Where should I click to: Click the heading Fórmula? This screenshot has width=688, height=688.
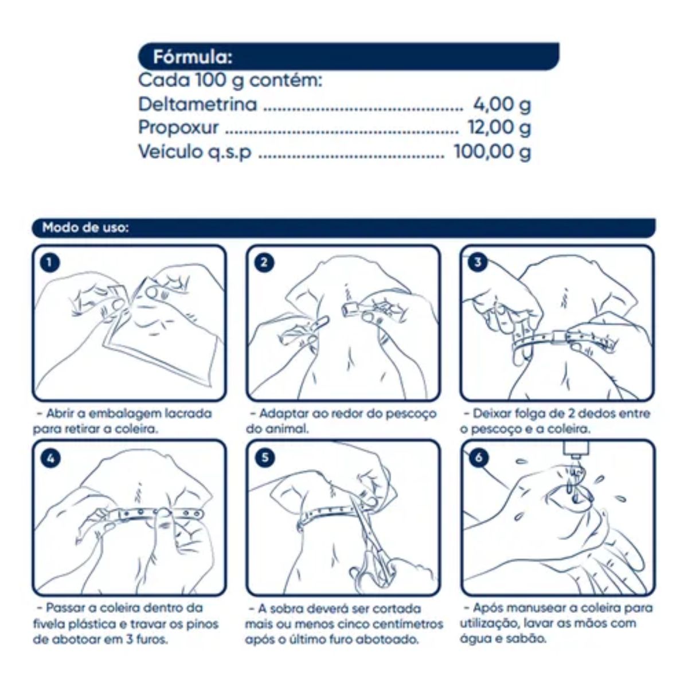pyautogui.click(x=193, y=57)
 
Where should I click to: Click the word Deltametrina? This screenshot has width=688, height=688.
pyautogui.click(x=197, y=104)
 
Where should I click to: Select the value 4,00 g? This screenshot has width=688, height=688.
pyautogui.click(x=502, y=105)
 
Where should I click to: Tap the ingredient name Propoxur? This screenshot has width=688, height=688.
pyautogui.click(x=178, y=128)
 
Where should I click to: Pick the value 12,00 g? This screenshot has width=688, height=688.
pyautogui.click(x=499, y=128)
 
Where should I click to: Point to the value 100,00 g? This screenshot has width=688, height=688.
pyautogui.click(x=492, y=152)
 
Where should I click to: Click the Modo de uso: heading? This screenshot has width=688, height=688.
pyautogui.click(x=85, y=228)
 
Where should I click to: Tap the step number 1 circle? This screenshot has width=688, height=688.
pyautogui.click(x=50, y=263)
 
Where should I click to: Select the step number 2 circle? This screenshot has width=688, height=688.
pyautogui.click(x=264, y=263)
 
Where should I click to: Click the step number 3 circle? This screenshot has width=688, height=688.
pyautogui.click(x=478, y=263)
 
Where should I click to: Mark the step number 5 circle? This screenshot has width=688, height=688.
pyautogui.click(x=264, y=458)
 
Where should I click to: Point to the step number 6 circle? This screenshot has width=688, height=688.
pyautogui.click(x=478, y=458)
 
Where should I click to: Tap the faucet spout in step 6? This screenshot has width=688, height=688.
pyautogui.click(x=574, y=451)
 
